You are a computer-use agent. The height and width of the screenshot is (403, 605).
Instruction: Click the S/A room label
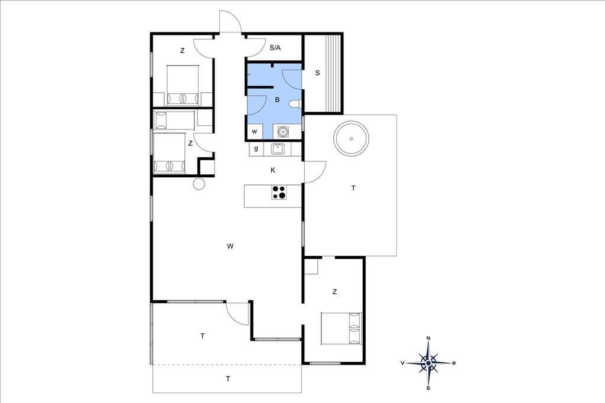(275, 48)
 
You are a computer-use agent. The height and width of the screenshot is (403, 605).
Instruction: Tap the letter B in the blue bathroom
(277, 100)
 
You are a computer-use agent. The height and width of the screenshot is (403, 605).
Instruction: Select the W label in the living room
(230, 246)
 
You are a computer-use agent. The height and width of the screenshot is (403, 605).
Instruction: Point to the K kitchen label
(273, 170)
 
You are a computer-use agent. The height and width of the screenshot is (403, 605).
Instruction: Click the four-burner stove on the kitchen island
(279, 192)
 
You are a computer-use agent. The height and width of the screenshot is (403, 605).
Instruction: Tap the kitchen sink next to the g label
(278, 149)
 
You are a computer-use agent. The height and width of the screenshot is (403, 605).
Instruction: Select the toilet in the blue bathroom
(296, 104)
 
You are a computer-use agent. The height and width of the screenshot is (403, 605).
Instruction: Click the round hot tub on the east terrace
(351, 139)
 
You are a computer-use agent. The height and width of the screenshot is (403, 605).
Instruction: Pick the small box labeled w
(255, 132)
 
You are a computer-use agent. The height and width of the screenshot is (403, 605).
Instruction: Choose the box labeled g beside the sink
(256, 149)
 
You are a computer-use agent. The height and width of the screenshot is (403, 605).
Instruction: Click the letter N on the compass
(428, 339)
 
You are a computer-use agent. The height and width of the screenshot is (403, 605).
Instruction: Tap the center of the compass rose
(428, 363)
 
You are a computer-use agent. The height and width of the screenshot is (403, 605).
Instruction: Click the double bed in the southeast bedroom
(341, 328)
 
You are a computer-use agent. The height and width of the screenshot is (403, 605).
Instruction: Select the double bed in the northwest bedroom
(183, 86)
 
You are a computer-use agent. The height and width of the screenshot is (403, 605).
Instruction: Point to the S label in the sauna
(317, 73)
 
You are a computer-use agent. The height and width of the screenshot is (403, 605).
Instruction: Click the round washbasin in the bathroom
(283, 132)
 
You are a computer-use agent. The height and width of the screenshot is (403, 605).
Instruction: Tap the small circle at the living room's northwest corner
(199, 184)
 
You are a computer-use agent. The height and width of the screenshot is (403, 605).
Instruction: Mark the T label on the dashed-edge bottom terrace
(228, 379)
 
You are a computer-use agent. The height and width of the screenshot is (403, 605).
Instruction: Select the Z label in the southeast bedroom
(334, 292)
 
